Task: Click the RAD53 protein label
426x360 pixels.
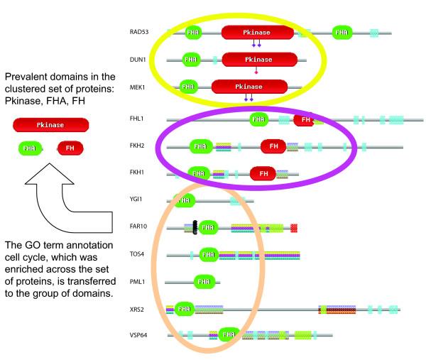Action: pyautogui.click(x=139, y=32)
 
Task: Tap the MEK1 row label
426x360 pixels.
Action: pyautogui.click(x=138, y=87)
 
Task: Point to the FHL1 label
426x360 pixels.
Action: pyautogui.click(x=138, y=120)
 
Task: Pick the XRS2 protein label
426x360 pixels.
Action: pyautogui.click(x=138, y=309)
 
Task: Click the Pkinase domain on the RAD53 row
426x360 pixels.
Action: pyautogui.click(x=257, y=32)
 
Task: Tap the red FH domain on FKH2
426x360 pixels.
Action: pyautogui.click(x=273, y=146)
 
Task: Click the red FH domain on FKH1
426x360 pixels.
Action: pyautogui.click(x=263, y=173)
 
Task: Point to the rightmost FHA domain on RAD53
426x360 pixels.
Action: pyautogui.click(x=342, y=32)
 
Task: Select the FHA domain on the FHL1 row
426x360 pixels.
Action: pyautogui.click(x=259, y=120)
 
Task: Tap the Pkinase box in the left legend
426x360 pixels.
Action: pyautogui.click(x=50, y=124)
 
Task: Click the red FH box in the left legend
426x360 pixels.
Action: pyautogui.click(x=70, y=148)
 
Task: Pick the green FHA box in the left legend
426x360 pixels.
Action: pyautogui.click(x=29, y=148)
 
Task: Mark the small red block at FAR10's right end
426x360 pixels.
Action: pyautogui.click(x=294, y=228)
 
